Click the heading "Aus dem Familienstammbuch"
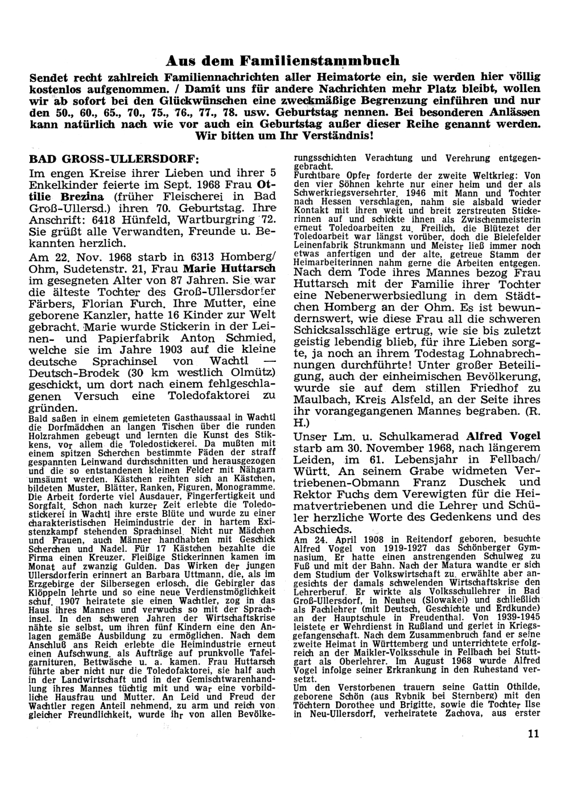(x=282, y=60)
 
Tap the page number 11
(x=533, y=733)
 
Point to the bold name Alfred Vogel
(x=504, y=436)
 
